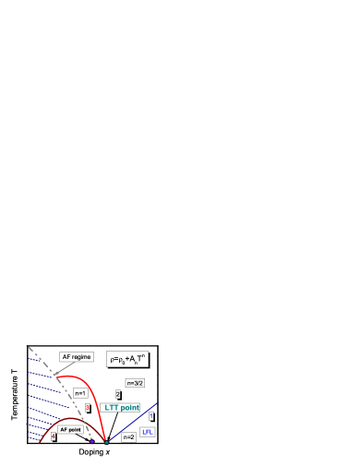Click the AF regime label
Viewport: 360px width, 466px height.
(76, 356)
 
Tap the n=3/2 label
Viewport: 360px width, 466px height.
(135, 382)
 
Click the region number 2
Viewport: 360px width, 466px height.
(117, 394)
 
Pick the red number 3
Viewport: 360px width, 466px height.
(88, 407)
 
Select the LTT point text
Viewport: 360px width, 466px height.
(122, 407)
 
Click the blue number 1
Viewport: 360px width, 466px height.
(151, 416)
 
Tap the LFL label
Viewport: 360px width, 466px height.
(148, 431)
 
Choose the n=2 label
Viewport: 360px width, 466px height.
(128, 436)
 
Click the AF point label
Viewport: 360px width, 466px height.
(70, 429)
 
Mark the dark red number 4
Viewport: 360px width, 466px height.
(54, 436)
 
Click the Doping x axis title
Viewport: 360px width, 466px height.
(93, 452)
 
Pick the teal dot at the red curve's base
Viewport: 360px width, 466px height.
(106, 443)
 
